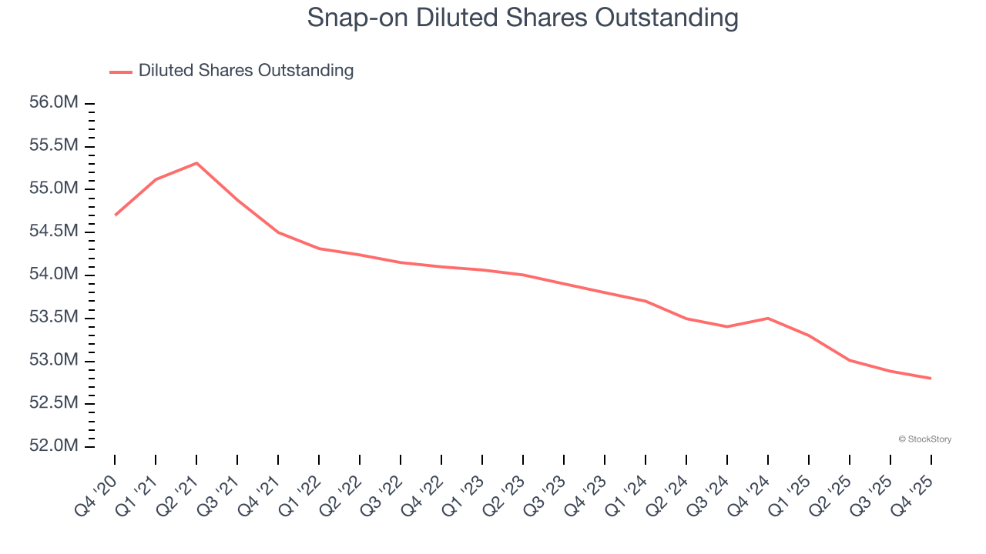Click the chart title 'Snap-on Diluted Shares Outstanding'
tap(522, 17)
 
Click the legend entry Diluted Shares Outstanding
tap(246, 71)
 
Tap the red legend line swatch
tap(121, 72)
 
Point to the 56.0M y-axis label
tap(54, 103)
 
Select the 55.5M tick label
tap(54, 146)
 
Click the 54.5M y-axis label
tap(54, 232)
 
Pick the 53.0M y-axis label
tap(54, 361)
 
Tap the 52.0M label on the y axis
tap(54, 446)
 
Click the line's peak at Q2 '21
tap(196, 163)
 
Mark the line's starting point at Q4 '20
tap(115, 215)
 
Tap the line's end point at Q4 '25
tap(931, 378)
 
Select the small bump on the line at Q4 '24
tap(768, 318)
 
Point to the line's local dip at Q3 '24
tap(727, 326)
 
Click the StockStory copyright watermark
tap(924, 439)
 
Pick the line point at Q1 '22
tap(319, 249)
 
